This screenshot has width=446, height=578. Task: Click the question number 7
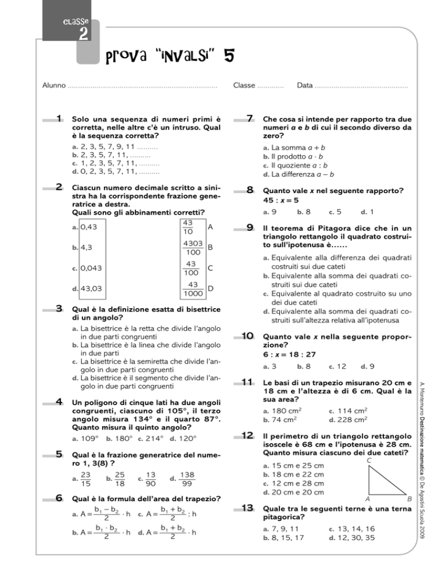point(249,119)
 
